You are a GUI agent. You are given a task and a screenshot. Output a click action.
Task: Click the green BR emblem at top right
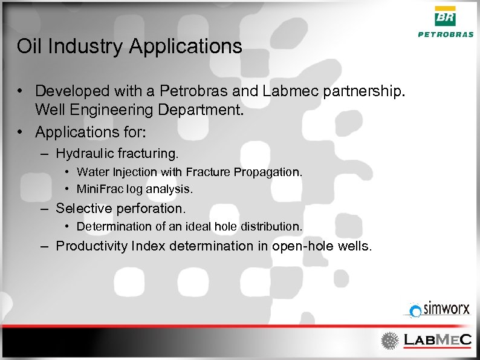[x=446, y=16]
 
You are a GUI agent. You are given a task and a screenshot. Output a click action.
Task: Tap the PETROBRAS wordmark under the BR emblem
[x=446, y=34]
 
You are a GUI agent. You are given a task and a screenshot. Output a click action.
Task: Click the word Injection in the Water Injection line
[x=131, y=172]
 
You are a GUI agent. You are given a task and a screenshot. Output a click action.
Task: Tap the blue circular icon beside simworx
[x=415, y=312]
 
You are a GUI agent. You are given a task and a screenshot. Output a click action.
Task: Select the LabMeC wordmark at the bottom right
[x=437, y=340]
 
